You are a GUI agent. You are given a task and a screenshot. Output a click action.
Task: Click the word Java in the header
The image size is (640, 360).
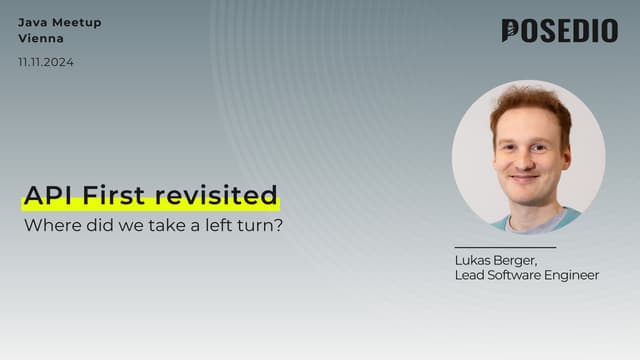coord(32,22)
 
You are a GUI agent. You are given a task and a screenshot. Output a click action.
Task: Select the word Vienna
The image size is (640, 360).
coord(41,39)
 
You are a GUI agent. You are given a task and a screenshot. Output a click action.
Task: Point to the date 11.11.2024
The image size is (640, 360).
coord(46,62)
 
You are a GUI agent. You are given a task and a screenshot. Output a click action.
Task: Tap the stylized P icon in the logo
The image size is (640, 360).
coord(511,31)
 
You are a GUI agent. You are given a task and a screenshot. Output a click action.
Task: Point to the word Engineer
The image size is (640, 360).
coord(573,275)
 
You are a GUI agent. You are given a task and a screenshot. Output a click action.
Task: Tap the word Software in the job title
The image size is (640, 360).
coord(517,275)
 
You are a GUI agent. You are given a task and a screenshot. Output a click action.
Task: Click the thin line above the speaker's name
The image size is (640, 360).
coord(504,247)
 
